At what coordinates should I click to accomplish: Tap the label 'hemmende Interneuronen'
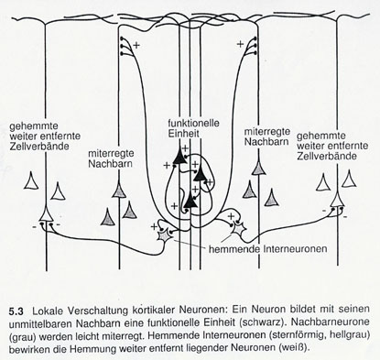pyautogui.click(x=267, y=248)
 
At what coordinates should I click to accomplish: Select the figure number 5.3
pyautogui.click(x=16, y=311)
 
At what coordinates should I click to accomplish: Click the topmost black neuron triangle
pyautogui.click(x=180, y=157)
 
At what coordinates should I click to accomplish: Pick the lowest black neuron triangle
pyautogui.click(x=191, y=202)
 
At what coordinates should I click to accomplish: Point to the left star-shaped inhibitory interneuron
pyautogui.click(x=165, y=235)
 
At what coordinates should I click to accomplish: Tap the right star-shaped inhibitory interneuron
pyautogui.click(x=238, y=228)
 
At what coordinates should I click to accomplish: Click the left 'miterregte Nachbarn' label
pyautogui.click(x=111, y=158)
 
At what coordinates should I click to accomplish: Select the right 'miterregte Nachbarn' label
pyautogui.click(x=266, y=136)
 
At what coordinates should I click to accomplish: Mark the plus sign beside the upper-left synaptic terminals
pyautogui.click(x=136, y=45)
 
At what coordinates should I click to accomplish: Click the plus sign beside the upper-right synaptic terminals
pyautogui.click(x=240, y=44)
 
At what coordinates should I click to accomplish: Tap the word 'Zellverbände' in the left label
pyautogui.click(x=39, y=146)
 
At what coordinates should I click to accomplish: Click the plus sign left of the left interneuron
pyautogui.click(x=155, y=226)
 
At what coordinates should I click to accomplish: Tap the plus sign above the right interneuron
pyautogui.click(x=231, y=216)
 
